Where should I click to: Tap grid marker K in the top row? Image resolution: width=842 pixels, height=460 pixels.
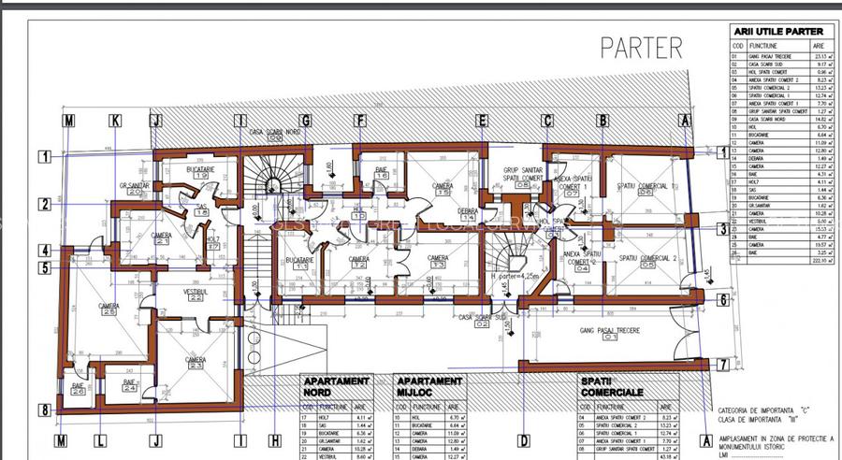[x=115, y=121]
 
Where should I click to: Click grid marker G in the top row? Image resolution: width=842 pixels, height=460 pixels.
[x=305, y=121]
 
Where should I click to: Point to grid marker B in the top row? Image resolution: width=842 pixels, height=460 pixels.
[x=603, y=121]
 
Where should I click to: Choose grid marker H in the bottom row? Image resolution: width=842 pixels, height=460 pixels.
[x=274, y=440]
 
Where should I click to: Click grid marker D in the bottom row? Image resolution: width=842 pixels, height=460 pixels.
[x=524, y=440]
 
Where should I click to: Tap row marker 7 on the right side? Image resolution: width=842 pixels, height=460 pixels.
[x=723, y=365]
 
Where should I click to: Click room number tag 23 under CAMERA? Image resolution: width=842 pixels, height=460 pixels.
[x=196, y=366]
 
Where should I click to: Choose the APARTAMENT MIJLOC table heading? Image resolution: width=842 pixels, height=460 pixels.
[x=429, y=386]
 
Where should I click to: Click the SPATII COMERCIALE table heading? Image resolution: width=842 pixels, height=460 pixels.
[x=611, y=386]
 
